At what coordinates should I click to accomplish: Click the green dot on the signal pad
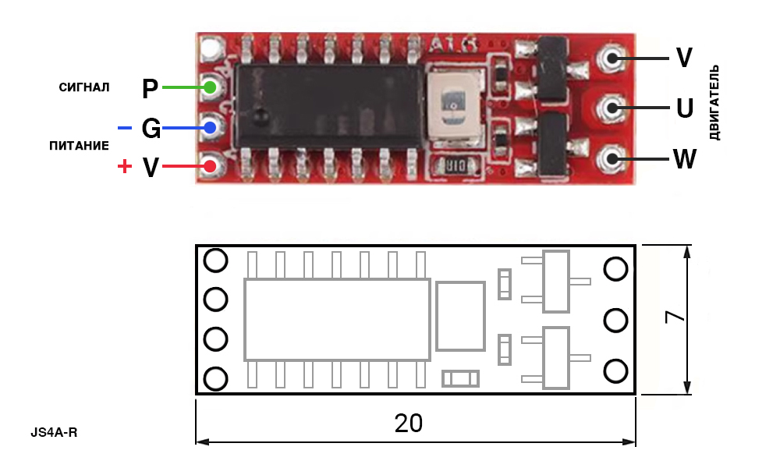(x=210, y=87)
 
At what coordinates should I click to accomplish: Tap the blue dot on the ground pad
(x=210, y=128)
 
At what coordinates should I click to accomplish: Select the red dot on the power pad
(x=210, y=166)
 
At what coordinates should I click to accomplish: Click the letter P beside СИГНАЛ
(x=150, y=89)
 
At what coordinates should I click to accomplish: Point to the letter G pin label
(x=151, y=129)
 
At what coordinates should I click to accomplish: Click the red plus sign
(x=124, y=166)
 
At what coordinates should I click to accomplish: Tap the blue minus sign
(x=124, y=129)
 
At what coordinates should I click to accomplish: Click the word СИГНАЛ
(x=84, y=87)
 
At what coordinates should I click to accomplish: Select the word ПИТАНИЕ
(x=79, y=146)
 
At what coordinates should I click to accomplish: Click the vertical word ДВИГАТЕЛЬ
(x=714, y=102)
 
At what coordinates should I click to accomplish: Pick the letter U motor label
(x=685, y=108)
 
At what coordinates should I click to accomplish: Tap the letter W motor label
(x=685, y=159)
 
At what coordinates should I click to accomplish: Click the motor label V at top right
(x=684, y=58)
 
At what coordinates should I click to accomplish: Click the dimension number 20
(x=409, y=424)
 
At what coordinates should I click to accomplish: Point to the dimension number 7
(x=675, y=317)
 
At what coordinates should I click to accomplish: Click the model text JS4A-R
(x=55, y=433)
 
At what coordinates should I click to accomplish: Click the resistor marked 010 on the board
(x=456, y=165)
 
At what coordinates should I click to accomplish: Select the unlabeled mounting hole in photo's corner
(x=211, y=48)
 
